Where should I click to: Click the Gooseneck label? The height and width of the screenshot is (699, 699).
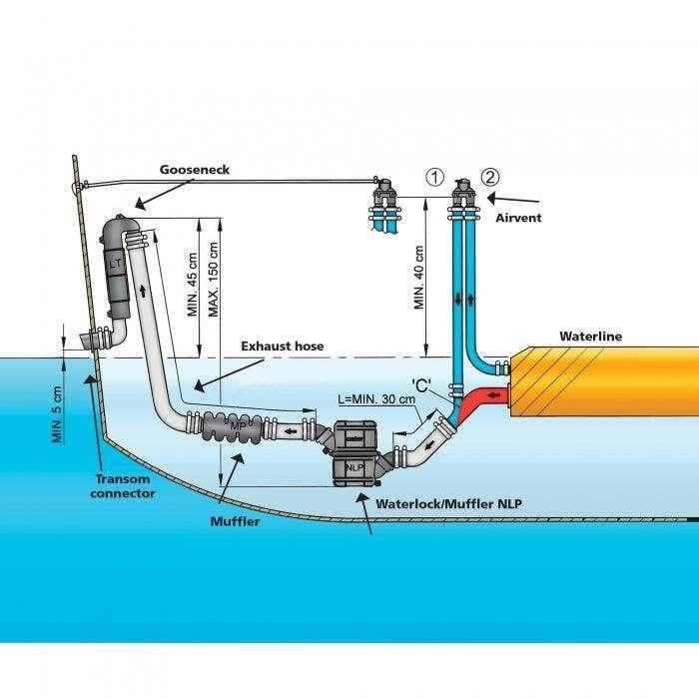(195, 170)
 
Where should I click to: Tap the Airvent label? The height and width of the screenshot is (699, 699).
(518, 217)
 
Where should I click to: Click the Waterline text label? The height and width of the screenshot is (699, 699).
(590, 337)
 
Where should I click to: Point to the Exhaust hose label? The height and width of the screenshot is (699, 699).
(283, 347)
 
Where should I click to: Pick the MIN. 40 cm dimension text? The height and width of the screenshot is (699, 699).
(419, 277)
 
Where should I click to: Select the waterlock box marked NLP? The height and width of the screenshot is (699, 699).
(353, 453)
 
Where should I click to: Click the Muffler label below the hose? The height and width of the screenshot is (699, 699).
(235, 520)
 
